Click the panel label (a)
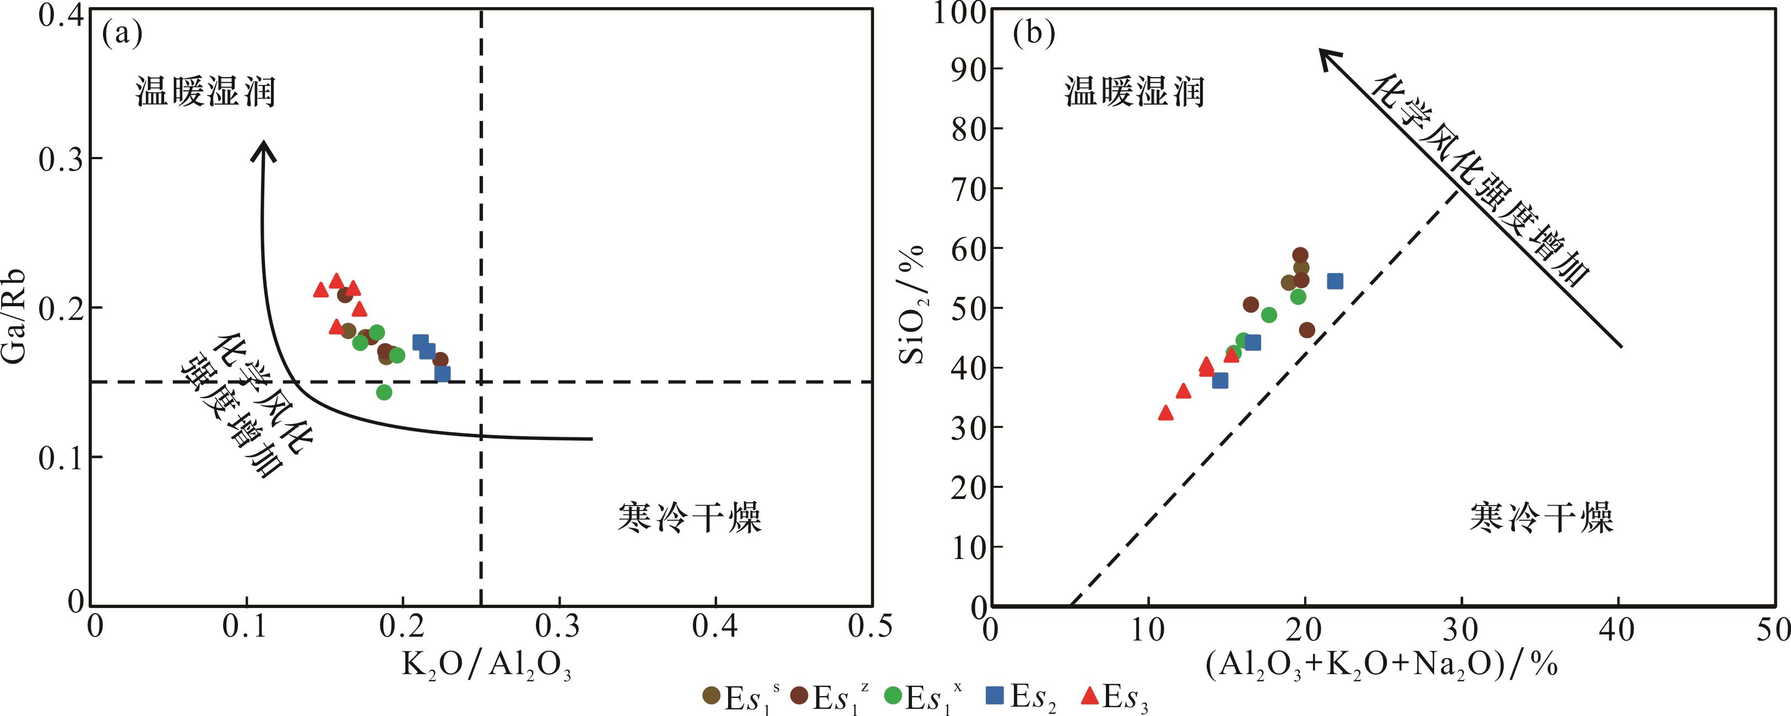pyautogui.click(x=122, y=34)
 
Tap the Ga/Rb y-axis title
pyautogui.click(x=15, y=316)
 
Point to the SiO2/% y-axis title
pyautogui.click(x=912, y=306)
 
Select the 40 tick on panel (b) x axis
pyautogui.click(x=1617, y=629)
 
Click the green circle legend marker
pyautogui.click(x=893, y=695)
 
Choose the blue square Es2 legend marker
pyautogui.click(x=996, y=695)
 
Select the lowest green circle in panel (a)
pyautogui.click(x=384, y=392)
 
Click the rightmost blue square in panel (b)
pyautogui.click(x=1335, y=281)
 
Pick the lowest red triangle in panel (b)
pyautogui.click(x=1166, y=414)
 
